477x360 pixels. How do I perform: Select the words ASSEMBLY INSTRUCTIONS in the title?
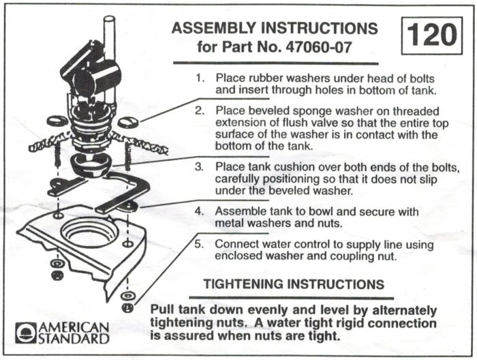coord(274,29)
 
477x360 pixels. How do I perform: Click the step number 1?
coord(200,78)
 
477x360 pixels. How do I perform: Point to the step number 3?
coord(200,166)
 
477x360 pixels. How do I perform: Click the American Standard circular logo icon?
coord(25,332)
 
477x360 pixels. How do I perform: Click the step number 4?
coord(200,211)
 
